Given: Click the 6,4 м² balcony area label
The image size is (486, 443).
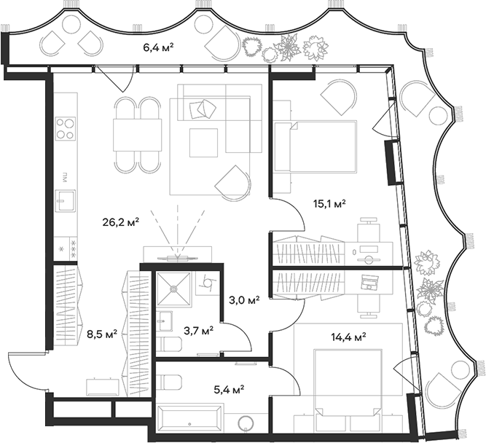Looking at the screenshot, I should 159,48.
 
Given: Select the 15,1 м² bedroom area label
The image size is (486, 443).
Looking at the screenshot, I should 329,203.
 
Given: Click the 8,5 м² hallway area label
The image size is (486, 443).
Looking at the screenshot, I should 102,335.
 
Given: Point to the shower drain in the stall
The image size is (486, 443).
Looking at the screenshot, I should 174,288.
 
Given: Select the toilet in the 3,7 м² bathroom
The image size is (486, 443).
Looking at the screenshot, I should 169,345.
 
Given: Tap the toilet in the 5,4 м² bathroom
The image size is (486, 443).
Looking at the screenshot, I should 171,382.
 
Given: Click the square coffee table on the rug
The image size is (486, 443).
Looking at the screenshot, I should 203,142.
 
